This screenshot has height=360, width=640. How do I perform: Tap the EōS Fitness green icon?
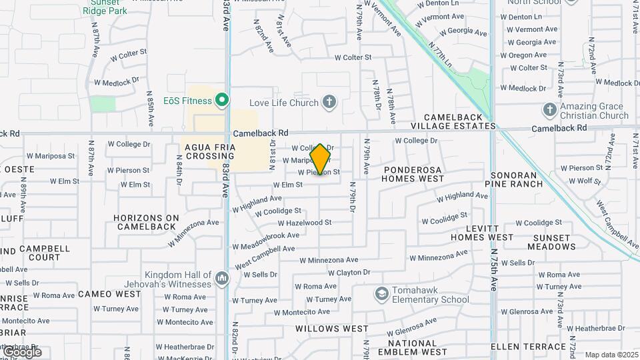[x=222, y=101]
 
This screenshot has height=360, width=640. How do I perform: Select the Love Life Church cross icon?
[x=329, y=103]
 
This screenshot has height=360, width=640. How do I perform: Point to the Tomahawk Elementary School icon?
[x=381, y=294]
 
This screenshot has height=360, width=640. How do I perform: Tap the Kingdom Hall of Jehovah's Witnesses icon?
[x=222, y=277]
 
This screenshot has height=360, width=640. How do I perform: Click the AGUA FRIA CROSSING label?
[x=209, y=151]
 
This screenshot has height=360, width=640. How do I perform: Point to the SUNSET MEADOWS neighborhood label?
[x=551, y=242]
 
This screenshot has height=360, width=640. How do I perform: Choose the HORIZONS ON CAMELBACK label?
[x=146, y=222]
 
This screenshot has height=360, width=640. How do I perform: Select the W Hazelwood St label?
[x=305, y=223]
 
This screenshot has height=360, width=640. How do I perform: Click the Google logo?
[x=22, y=352]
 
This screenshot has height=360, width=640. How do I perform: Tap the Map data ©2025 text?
[x=611, y=355]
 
